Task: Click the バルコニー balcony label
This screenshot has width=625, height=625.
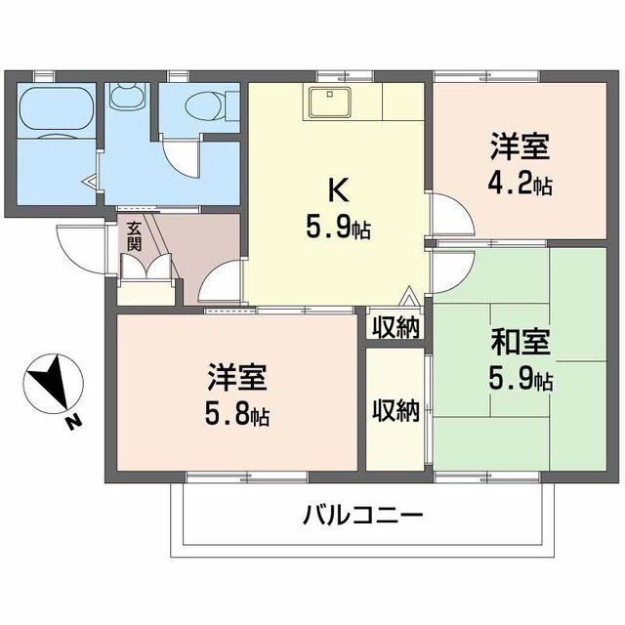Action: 362,515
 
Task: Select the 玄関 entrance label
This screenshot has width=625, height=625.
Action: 133,238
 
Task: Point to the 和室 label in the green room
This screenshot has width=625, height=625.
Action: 520,344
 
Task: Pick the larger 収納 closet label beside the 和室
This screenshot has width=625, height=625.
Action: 396,411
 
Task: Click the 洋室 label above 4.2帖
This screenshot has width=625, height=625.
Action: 520,149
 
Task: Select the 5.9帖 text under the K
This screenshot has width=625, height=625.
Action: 334,229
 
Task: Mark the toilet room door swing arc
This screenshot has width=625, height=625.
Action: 179,156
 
